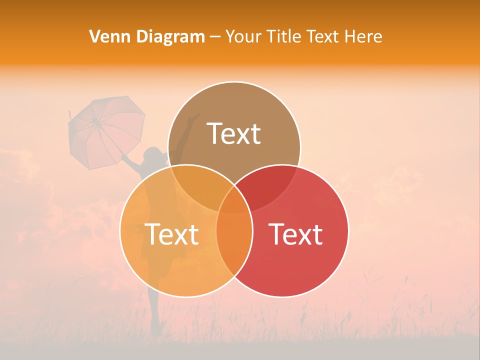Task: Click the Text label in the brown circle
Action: pyautogui.click(x=234, y=133)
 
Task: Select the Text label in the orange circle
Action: pyautogui.click(x=171, y=234)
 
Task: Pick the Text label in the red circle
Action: pyautogui.click(x=296, y=234)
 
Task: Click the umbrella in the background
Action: pyautogui.click(x=106, y=131)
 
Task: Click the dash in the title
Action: pyautogui.click(x=215, y=37)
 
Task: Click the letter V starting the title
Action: pyautogui.click(x=94, y=36)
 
